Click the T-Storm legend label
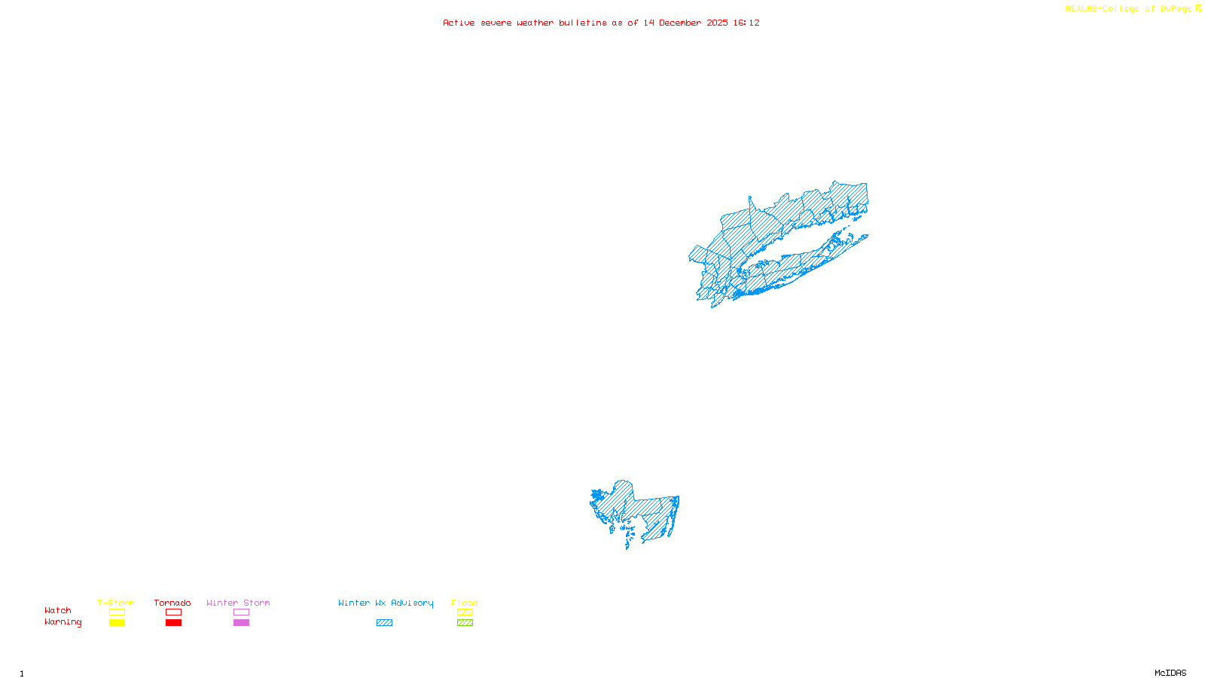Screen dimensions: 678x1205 tap(116, 603)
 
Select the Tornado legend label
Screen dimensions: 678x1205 tap(172, 603)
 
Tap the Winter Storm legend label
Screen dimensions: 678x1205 tap(238, 603)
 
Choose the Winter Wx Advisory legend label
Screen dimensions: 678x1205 tap(386, 603)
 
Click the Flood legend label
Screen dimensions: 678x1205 tap(465, 603)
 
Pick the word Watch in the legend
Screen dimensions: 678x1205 tap(58, 610)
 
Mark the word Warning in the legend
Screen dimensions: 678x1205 tap(63, 622)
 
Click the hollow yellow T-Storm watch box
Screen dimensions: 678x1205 tap(117, 612)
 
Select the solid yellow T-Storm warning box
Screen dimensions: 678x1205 tap(117, 623)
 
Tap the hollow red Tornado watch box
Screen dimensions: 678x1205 tap(173, 612)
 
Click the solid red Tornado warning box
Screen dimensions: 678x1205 tap(173, 623)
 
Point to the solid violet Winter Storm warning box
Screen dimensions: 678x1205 tap(241, 623)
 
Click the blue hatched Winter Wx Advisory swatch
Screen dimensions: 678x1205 tap(384, 623)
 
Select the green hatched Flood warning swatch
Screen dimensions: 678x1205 tap(465, 623)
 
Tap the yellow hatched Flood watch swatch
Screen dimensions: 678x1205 tap(465, 612)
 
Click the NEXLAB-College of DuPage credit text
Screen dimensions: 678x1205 tap(1129, 9)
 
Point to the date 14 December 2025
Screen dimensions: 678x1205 tap(685, 23)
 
